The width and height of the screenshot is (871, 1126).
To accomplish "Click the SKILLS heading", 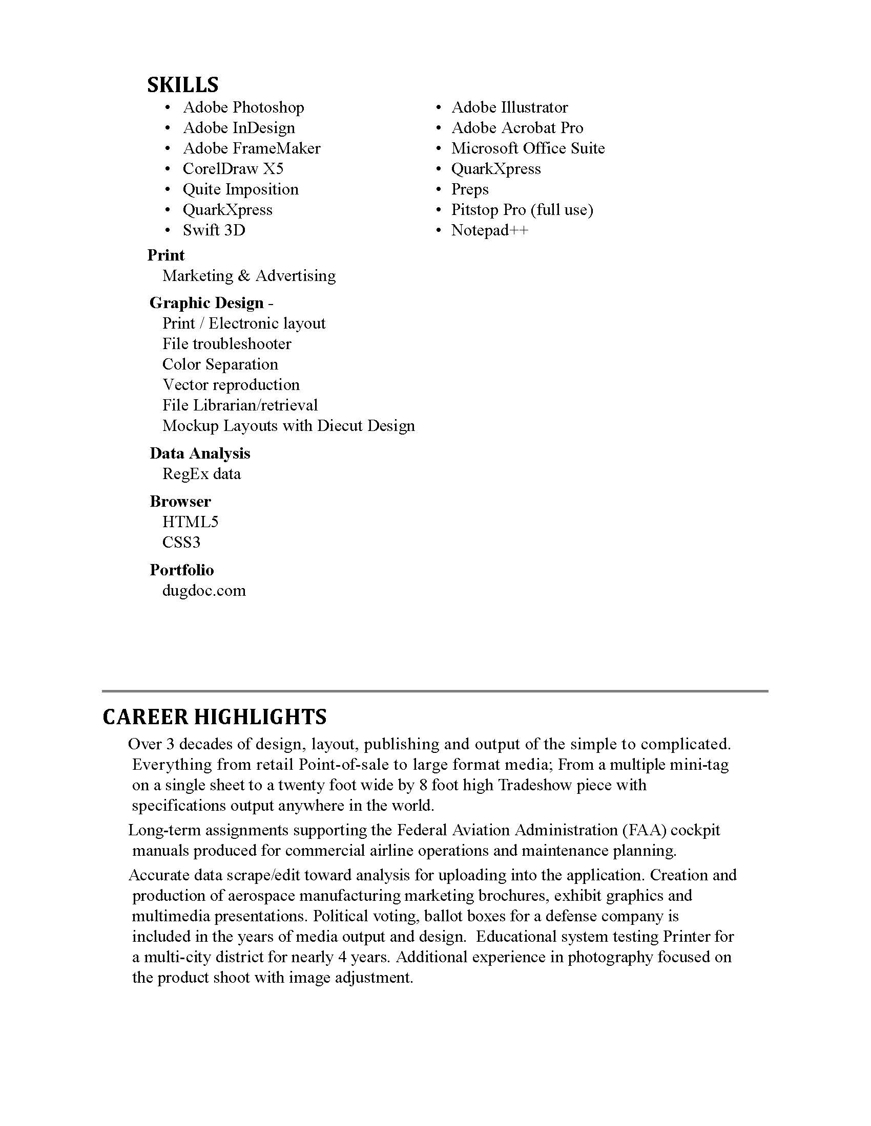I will point(183,85).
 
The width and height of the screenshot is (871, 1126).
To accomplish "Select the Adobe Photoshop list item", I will point(243,107).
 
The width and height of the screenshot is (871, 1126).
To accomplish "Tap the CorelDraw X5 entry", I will point(233,168).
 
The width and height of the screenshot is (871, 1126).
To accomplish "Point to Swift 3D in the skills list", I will point(214,230).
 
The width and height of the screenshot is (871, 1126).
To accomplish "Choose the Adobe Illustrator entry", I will point(509,107).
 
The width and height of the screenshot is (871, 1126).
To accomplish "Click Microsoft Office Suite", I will point(528,148).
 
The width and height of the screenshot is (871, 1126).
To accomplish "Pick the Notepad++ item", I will point(490,230).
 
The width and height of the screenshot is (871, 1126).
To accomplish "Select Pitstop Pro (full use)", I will point(522,210).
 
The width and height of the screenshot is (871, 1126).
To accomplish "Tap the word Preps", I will point(469,189).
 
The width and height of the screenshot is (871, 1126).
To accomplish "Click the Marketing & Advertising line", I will point(248,276).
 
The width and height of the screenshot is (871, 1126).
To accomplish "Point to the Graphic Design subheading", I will point(206,302).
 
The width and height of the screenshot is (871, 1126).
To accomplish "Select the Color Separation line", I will point(220,364).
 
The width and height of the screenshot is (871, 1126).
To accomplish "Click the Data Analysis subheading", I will point(200,453).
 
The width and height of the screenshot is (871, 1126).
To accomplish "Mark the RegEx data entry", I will point(201,474).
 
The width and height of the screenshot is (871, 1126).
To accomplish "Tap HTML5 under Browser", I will point(190,522).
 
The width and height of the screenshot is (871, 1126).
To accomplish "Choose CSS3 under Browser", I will point(181,543).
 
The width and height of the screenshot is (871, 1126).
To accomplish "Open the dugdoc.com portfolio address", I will point(204,590).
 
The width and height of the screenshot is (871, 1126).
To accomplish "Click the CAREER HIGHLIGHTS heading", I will point(215,717).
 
